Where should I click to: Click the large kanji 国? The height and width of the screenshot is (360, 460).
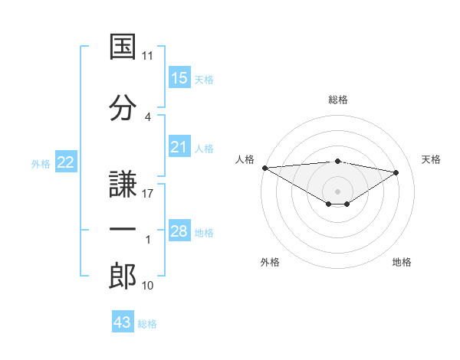(123, 46)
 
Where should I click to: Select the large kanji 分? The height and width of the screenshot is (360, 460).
(123, 107)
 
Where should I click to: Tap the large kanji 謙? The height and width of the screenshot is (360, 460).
(123, 184)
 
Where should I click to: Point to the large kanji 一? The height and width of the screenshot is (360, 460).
(123, 229)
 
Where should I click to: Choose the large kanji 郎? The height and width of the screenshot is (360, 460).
(123, 276)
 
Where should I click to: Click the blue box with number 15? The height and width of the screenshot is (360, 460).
(179, 77)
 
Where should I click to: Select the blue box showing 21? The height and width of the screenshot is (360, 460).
(179, 146)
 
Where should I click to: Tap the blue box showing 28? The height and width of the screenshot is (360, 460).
(179, 230)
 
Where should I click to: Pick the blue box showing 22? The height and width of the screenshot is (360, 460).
(66, 162)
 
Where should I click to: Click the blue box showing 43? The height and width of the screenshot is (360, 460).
(123, 321)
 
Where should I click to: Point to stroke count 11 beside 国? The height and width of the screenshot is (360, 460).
(147, 56)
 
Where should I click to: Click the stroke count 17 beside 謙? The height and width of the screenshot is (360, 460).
(147, 194)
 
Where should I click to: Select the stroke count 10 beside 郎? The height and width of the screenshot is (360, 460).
(147, 285)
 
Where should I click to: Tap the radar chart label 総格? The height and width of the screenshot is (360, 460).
(338, 100)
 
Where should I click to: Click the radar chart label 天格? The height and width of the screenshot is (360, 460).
(431, 159)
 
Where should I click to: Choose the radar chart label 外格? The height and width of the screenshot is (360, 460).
(270, 262)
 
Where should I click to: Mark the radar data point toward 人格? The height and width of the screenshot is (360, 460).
(265, 168)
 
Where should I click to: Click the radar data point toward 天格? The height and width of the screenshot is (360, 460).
(396, 172)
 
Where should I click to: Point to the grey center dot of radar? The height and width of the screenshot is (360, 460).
(337, 191)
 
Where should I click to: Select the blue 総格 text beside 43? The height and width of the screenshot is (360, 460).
(147, 324)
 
